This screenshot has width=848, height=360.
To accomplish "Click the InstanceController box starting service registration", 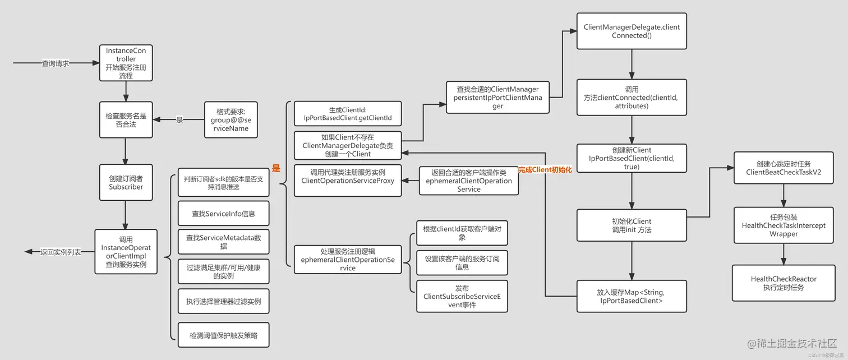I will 126,63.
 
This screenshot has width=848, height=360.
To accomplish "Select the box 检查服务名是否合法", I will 126,120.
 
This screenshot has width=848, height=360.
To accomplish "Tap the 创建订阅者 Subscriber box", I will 126,183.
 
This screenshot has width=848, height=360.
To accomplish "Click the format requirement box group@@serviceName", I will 230,120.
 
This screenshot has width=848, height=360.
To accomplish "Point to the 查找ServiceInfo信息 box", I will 223,214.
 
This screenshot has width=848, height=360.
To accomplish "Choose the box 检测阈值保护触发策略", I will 223,335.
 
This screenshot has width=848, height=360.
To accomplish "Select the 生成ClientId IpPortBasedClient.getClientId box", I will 348,114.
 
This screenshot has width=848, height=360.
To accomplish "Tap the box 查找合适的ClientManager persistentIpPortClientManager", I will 497,98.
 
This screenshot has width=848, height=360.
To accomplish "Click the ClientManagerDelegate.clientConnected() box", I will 632,31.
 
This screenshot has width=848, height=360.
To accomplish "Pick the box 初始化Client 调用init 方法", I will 632,225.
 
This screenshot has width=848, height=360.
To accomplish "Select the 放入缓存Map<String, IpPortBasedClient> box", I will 632,297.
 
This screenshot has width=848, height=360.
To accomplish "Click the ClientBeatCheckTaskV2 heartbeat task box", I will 783,168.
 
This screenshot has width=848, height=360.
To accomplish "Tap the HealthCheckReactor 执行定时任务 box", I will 783,283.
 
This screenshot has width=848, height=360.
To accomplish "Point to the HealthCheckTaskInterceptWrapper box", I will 783,225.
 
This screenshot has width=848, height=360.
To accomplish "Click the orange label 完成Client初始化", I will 545,169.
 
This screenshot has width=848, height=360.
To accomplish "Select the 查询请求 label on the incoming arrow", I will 56,63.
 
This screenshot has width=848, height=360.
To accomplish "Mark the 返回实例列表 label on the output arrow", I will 61,252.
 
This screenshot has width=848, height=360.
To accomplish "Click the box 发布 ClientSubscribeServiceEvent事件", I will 462,297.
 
